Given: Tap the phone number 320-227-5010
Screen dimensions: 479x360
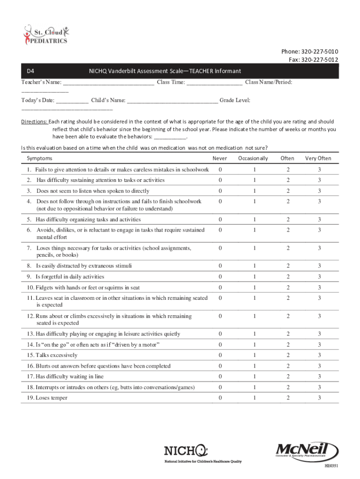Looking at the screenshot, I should (320, 51).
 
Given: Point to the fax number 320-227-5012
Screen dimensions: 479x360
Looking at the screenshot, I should (320, 59).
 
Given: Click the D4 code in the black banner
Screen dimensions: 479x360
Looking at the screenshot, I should (30, 71).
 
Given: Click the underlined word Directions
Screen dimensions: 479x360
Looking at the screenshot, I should (34, 122).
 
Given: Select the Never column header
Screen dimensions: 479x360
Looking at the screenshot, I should (220, 159).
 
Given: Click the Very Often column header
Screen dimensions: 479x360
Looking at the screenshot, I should (318, 159).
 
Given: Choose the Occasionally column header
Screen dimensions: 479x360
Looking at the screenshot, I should (253, 159).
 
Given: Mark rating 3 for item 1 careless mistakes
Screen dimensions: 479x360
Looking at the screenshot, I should (319, 169).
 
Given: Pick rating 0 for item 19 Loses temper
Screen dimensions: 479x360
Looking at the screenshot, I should (220, 398).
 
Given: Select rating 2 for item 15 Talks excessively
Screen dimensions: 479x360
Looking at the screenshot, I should (288, 356).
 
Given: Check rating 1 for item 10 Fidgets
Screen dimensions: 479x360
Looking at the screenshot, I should (254, 288).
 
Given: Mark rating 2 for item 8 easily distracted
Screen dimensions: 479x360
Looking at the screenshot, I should (288, 266).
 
